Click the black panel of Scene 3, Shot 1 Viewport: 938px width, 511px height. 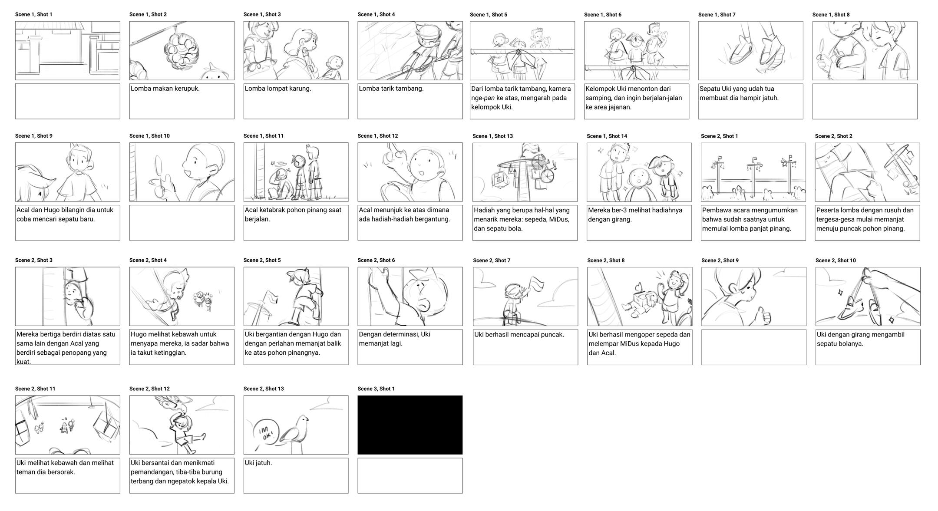[410, 425]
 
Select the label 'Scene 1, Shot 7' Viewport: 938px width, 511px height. [717, 15]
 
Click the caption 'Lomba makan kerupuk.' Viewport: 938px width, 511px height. [165, 89]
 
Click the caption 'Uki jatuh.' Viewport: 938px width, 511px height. [258, 463]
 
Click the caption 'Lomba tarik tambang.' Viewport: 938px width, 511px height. [391, 89]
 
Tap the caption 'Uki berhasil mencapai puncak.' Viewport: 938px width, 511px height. [519, 335]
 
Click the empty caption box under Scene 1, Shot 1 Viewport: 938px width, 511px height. [68, 101]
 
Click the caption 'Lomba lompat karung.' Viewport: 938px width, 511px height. [278, 89]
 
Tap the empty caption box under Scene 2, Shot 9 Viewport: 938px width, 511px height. [754, 347]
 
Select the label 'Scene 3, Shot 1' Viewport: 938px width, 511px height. [376, 389]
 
